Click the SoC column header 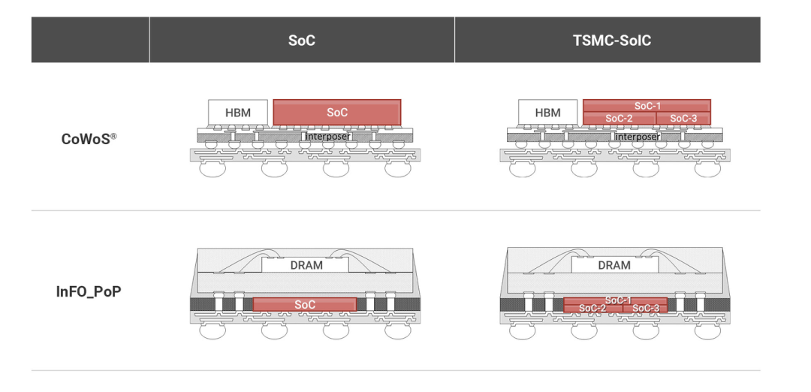point(302,40)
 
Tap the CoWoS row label point(87,139)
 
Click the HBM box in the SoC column point(238,113)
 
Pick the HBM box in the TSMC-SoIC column point(548,113)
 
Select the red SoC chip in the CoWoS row point(336,113)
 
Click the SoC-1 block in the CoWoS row point(647,106)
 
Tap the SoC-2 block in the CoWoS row point(619,119)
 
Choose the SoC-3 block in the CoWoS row point(683,119)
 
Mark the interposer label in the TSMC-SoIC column point(638,137)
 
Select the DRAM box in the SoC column point(305,265)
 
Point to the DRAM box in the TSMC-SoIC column point(614,265)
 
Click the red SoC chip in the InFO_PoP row point(305,304)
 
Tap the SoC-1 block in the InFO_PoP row point(617,300)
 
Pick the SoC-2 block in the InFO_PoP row point(592,308)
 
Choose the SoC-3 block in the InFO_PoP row point(644,308)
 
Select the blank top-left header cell point(90,40)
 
